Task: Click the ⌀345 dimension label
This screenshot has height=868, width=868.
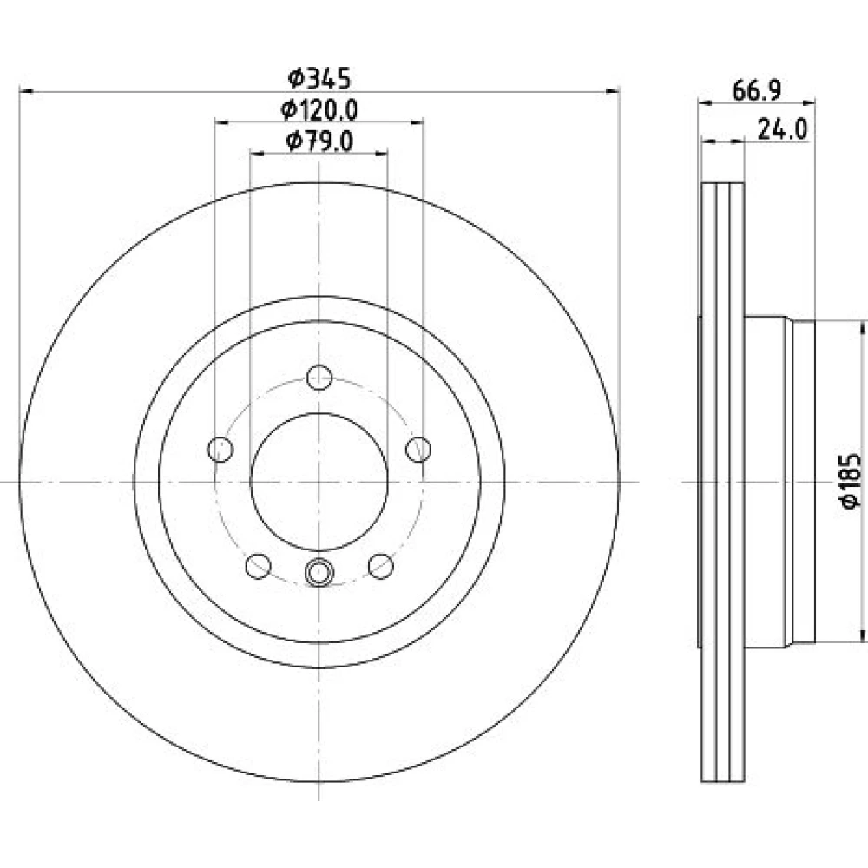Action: [x=319, y=79]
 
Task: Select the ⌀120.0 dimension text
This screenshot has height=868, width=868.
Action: [x=319, y=110]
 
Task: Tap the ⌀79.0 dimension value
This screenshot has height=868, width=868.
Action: [x=319, y=141]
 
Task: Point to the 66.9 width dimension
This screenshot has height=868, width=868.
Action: [x=757, y=90]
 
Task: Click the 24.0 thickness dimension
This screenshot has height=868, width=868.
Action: [x=782, y=129]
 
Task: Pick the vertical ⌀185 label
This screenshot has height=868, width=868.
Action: [x=851, y=481]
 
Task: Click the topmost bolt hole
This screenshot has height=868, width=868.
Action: [x=319, y=378]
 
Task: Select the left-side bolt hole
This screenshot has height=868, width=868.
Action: [x=220, y=449]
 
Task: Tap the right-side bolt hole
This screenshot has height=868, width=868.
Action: [x=418, y=449]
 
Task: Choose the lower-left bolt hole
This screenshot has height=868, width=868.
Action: [x=258, y=566]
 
